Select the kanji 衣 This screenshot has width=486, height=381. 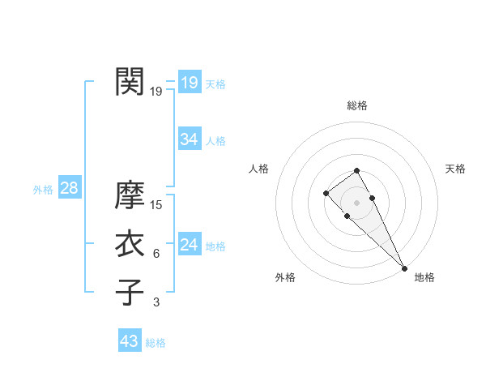[130, 244]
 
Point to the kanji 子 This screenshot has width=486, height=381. [130, 292]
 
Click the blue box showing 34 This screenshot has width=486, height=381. [189, 139]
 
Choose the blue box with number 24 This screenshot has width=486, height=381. [189, 245]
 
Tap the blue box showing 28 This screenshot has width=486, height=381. [69, 188]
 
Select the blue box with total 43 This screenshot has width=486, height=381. [130, 341]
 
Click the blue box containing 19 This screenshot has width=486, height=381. [189, 83]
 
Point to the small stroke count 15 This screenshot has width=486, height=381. [157, 205]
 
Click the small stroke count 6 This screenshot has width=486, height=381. [156, 254]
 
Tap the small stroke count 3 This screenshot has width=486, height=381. [156, 302]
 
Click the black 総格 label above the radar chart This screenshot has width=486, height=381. [356, 105]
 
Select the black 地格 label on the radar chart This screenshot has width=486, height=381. [424, 277]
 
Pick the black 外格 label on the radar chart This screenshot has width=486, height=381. [285, 277]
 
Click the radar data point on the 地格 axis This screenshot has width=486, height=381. [404, 268]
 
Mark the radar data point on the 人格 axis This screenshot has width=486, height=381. [326, 193]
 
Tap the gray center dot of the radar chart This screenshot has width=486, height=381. [356, 203]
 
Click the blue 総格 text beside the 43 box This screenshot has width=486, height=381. [156, 343]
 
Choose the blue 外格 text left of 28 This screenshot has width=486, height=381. [43, 190]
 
